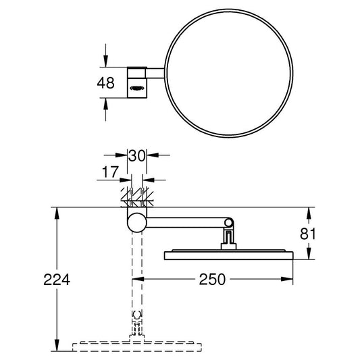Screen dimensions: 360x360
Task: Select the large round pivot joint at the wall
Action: click(x=137, y=222)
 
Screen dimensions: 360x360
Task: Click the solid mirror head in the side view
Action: click(x=228, y=255)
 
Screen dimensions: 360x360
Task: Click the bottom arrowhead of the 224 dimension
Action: click(x=55, y=348)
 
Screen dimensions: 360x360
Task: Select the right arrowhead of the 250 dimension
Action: click(x=290, y=278)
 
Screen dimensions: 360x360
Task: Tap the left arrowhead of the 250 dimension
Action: click(x=141, y=278)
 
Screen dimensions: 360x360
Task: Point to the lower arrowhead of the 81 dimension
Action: click(x=308, y=257)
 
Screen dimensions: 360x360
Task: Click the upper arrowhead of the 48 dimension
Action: click(x=105, y=63)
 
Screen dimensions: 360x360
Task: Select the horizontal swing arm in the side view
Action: click(x=186, y=222)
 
